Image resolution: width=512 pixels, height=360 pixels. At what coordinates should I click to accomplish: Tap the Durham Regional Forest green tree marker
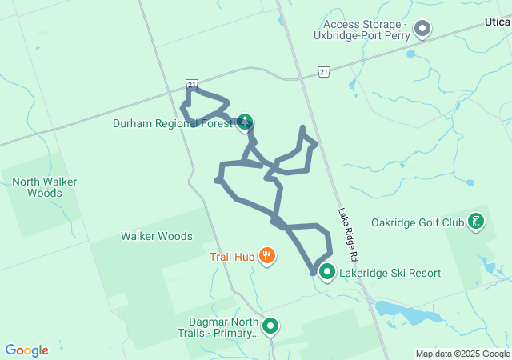pos(245,122)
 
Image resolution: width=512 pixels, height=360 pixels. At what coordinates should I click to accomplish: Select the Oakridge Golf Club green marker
pos(476,221)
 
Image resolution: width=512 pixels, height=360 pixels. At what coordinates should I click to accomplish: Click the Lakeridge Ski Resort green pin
pos(327,272)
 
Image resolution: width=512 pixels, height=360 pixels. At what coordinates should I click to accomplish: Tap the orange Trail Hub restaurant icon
pos(267,256)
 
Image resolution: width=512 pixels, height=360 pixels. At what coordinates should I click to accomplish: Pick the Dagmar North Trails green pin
pos(270,325)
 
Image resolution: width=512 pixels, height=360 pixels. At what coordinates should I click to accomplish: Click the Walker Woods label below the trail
pos(156,236)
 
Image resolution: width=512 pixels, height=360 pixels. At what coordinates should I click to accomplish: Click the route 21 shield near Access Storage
pos(322,72)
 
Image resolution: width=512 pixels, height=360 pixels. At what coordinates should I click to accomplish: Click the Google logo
pos(26,350)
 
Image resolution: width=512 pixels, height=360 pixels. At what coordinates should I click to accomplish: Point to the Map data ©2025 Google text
pos(462,354)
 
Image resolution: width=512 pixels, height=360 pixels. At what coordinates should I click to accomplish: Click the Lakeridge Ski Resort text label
pos(390,273)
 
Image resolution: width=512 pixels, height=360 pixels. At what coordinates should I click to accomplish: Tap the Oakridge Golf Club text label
pos(418,222)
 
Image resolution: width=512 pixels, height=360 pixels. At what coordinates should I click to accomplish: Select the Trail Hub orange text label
pos(232,257)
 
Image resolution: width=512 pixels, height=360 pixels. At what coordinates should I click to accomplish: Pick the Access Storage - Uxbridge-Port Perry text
pos(366,30)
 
